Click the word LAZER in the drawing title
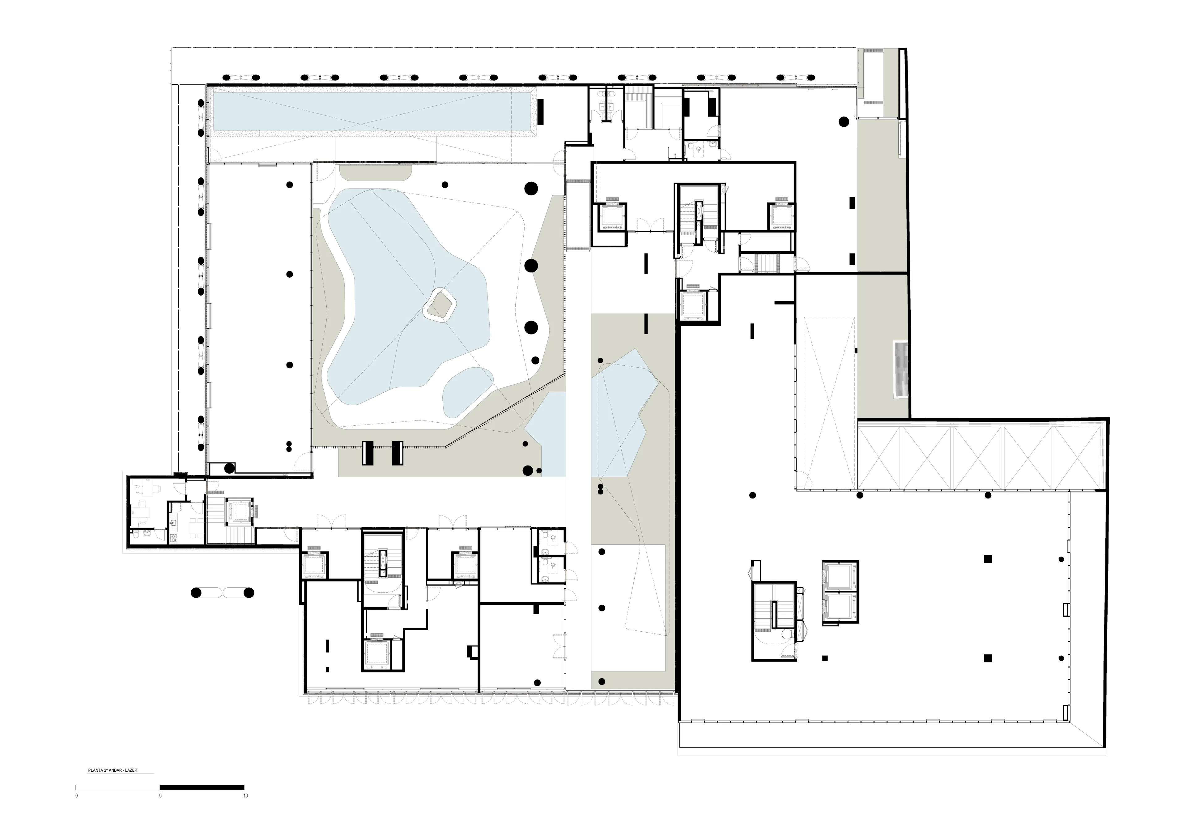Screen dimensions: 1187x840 pos(131,770)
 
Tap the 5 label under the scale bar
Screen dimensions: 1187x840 pos(160,795)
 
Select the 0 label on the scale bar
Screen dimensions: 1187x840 pos(77,795)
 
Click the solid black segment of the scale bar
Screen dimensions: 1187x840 pos(202,787)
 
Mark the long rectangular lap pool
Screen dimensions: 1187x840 pos(371,112)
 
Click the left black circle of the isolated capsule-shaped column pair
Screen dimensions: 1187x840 pos(195,593)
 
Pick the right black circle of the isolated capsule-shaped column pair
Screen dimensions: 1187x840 pos(249,593)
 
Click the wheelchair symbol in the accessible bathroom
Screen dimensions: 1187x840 pos(699,150)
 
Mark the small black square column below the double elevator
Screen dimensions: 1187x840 pos(825,659)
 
